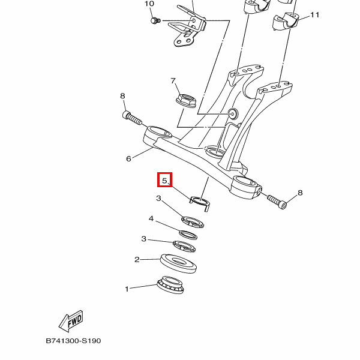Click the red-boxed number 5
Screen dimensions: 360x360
pos(164,179)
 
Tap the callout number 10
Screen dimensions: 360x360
pos(149,4)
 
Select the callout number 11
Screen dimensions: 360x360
pos(315,14)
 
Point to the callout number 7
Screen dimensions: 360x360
pos(172,81)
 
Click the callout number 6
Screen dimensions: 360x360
pos(128,159)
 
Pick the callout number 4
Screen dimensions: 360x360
pos(151,218)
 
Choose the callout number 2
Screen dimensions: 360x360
pos(137,259)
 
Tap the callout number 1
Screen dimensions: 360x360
pos(127,289)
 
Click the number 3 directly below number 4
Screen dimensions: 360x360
pos(143,239)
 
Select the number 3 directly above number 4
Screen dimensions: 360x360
pos(158,199)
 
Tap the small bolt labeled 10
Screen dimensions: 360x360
pos(155,22)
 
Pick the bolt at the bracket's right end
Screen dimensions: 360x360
pos(276,201)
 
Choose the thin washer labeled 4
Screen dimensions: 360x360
pos(188,233)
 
